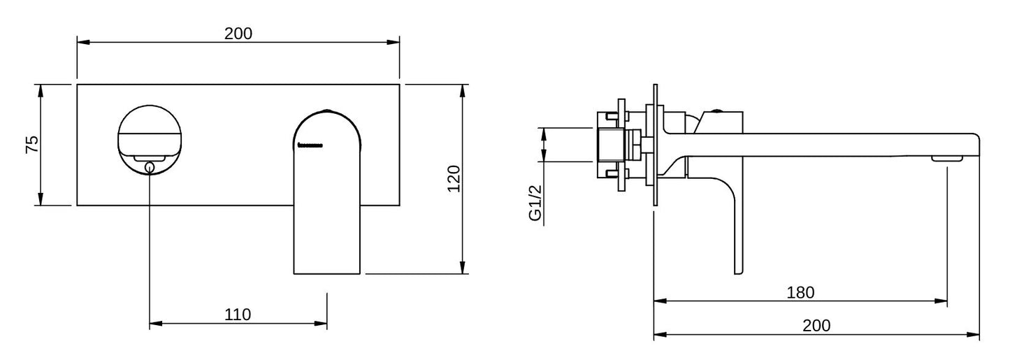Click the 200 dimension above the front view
click(238, 33)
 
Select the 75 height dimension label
click(32, 145)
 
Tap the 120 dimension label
click(454, 179)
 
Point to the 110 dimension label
click(238, 315)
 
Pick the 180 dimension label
click(800, 292)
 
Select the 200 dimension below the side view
click(816, 325)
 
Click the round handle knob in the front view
click(150, 133)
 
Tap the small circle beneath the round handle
click(150, 166)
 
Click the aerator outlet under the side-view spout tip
click(947, 159)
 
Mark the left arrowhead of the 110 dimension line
click(154, 324)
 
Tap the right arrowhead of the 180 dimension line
click(943, 301)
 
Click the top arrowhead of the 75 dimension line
click(41, 89)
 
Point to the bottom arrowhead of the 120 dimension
click(462, 268)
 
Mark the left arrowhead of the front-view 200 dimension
click(81, 43)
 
